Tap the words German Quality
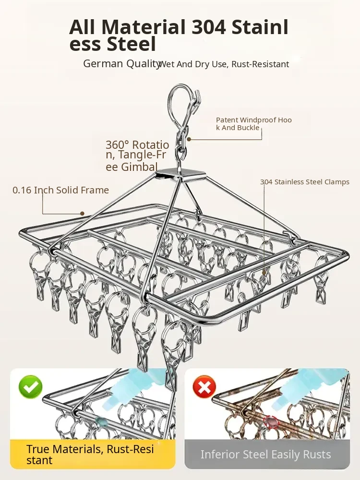[121, 64]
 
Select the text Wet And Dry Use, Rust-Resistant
[224, 64]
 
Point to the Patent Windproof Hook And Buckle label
[253, 124]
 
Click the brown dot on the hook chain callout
[189, 139]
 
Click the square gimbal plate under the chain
[181, 174]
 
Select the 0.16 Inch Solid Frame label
[61, 190]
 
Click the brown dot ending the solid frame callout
[82, 213]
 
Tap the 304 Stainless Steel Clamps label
[305, 182]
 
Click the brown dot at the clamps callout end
[264, 272]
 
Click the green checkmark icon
[31, 387]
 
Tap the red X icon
[204, 386]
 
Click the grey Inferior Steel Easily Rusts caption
[265, 454]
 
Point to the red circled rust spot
[270, 421]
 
